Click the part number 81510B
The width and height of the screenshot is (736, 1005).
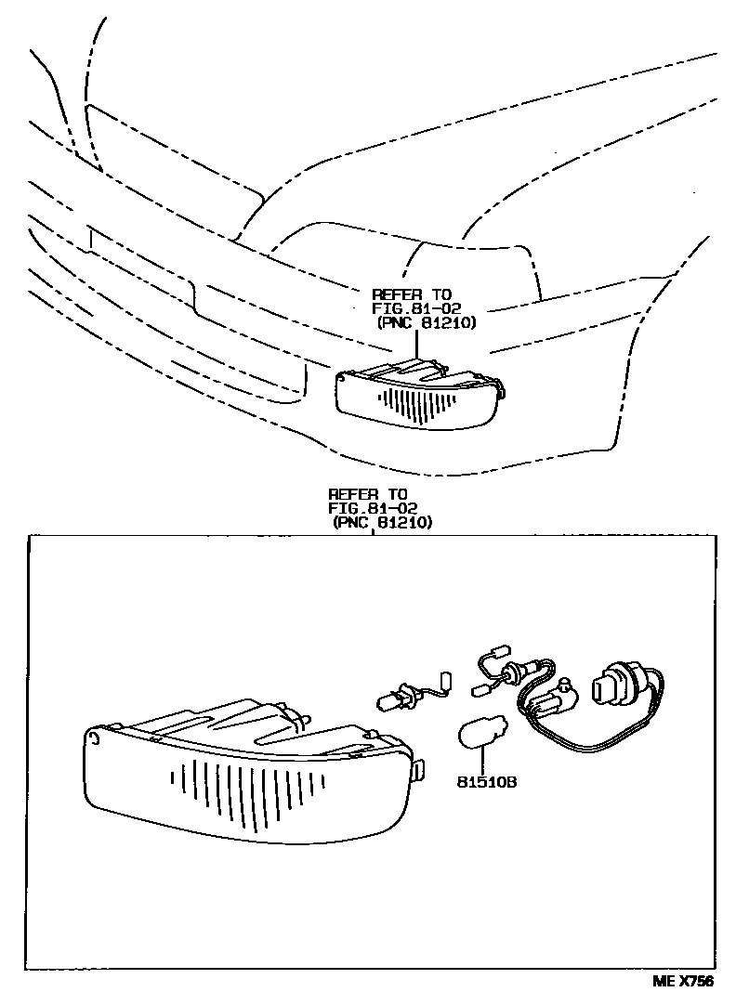[x=485, y=782]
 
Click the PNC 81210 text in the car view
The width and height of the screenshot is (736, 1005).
[x=427, y=323]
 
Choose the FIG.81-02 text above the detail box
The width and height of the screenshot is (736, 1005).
[x=373, y=509]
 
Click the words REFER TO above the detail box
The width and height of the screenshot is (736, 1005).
[x=368, y=494]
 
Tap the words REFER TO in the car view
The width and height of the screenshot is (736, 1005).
[x=412, y=294]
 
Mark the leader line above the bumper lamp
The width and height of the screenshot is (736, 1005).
[x=417, y=346]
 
